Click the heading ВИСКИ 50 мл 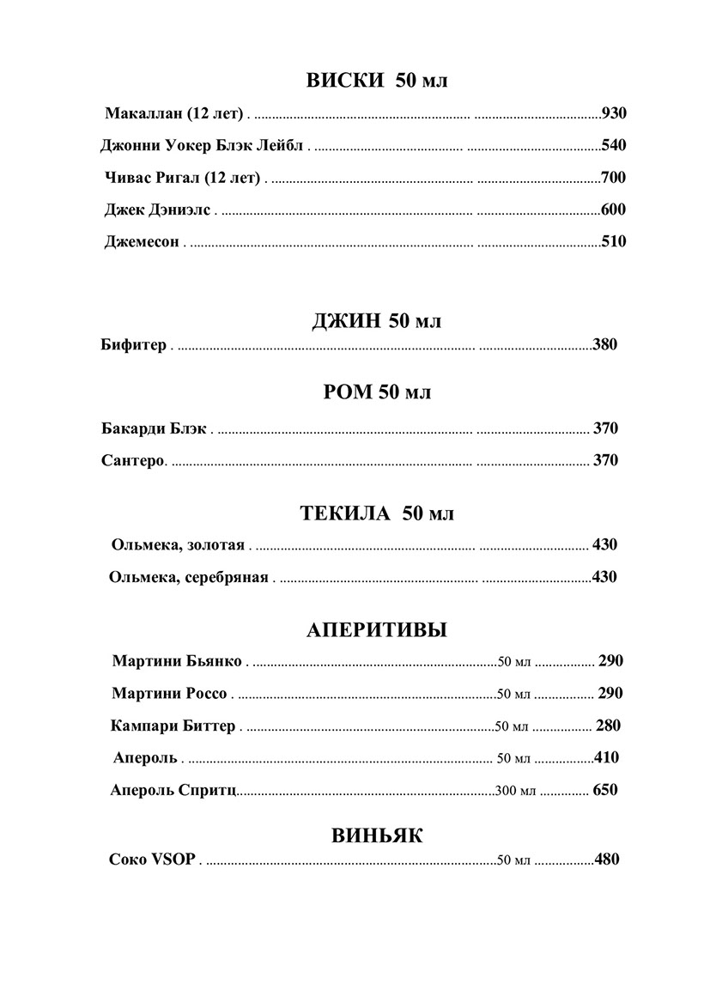(377, 81)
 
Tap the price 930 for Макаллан (614, 112)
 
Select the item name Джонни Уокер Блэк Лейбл (202, 145)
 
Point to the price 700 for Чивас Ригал (613, 178)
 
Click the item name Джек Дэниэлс (157, 210)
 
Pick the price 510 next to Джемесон (613, 242)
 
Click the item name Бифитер (133, 346)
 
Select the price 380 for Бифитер (604, 346)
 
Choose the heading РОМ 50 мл (377, 392)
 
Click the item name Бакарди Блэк (154, 428)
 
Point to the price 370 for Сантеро (605, 460)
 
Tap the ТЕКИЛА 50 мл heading (377, 513)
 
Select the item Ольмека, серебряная (189, 577)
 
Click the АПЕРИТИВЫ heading (377, 631)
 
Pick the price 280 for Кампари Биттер (608, 726)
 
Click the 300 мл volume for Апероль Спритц (515, 791)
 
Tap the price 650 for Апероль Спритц (605, 790)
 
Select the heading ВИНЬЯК (377, 835)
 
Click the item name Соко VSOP (153, 859)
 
